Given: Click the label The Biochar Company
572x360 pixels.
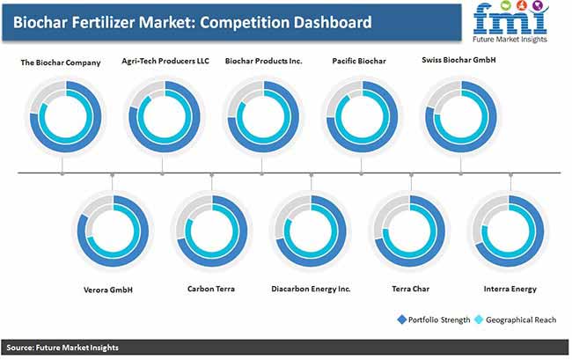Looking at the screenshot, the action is (61, 62).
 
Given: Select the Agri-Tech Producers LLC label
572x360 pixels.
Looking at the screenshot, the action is (165, 61).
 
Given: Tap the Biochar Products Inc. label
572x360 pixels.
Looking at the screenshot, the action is (263, 61).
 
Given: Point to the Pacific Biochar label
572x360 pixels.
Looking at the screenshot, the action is (359, 61).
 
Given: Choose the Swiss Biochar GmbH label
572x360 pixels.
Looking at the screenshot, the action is (458, 60).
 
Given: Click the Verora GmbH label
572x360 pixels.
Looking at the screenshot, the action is (108, 290).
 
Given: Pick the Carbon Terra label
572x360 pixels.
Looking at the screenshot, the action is (211, 289).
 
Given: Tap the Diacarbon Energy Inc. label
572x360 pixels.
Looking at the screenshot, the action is (311, 289).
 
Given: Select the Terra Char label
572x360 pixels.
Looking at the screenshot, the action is (410, 289).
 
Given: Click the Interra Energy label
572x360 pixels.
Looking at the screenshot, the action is (510, 290).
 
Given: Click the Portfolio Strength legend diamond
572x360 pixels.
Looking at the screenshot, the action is (401, 320).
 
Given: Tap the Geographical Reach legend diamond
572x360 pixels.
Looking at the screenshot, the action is (479, 320).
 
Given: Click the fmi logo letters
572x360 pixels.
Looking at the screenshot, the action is (510, 20).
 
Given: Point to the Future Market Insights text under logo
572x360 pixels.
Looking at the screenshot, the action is (510, 40).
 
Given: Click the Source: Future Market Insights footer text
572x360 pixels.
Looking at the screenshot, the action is (62, 348).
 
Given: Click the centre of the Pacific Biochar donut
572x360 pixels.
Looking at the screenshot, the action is (362, 117).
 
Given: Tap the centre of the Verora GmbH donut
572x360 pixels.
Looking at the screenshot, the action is (114, 231).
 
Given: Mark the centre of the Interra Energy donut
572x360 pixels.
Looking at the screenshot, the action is (509, 231).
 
